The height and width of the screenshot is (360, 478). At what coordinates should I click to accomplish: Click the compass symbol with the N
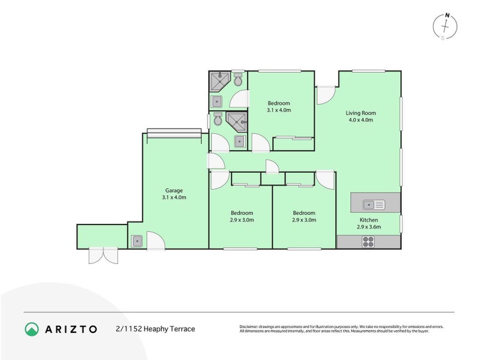(x=444, y=26)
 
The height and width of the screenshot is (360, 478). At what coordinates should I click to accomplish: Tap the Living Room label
(x=360, y=113)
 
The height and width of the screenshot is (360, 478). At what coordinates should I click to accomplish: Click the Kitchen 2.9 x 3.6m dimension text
(x=368, y=227)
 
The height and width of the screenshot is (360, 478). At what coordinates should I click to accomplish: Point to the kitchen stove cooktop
(x=368, y=242)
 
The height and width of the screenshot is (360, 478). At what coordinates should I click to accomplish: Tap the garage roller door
(x=174, y=133)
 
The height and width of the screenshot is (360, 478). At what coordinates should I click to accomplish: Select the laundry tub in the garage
(x=136, y=241)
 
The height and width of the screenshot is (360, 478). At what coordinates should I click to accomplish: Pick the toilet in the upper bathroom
(x=238, y=79)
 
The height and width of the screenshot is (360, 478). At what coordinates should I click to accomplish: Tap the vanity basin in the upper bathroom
(x=216, y=101)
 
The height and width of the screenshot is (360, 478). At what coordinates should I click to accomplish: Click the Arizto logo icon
(x=32, y=329)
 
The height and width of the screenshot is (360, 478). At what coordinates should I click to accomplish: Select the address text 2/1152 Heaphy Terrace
(x=155, y=329)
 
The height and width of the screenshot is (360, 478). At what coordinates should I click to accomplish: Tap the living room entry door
(x=326, y=94)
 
